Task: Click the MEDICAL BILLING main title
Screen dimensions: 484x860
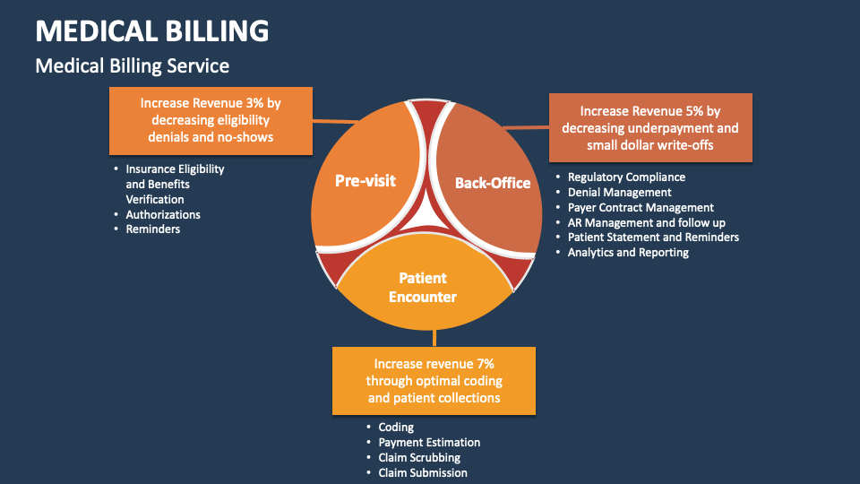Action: pyautogui.click(x=152, y=30)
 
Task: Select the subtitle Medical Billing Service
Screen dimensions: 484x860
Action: pyautogui.click(x=132, y=66)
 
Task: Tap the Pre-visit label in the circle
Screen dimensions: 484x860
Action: pyautogui.click(x=365, y=180)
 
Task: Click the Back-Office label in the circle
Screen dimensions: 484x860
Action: pyautogui.click(x=493, y=183)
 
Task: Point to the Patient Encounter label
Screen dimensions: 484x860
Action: pyautogui.click(x=422, y=288)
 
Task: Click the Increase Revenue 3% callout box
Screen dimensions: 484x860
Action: pyautogui.click(x=211, y=120)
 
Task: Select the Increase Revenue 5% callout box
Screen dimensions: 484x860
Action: pyautogui.click(x=649, y=127)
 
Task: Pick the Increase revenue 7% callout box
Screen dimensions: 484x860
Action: pyautogui.click(x=434, y=381)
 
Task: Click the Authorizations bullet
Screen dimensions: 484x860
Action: pyautogui.click(x=163, y=215)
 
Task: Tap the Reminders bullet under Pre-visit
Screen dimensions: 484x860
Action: pyautogui.click(x=152, y=229)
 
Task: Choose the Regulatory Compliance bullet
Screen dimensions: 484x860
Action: pyautogui.click(x=626, y=177)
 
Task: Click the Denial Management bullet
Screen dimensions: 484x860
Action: pyautogui.click(x=619, y=193)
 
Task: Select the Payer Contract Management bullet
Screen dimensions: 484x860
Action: pyautogui.click(x=641, y=208)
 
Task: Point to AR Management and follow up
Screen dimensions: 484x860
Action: pyautogui.click(x=646, y=223)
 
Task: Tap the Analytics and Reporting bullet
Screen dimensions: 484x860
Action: pyautogui.click(x=628, y=253)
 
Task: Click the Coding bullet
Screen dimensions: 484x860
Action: pyautogui.click(x=396, y=428)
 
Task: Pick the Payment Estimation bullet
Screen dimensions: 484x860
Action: pyautogui.click(x=429, y=443)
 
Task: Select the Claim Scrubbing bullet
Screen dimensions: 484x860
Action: pyautogui.click(x=419, y=458)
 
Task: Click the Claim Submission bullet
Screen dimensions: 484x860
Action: pyautogui.click(x=423, y=472)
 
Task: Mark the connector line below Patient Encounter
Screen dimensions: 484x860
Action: pyautogui.click(x=434, y=337)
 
